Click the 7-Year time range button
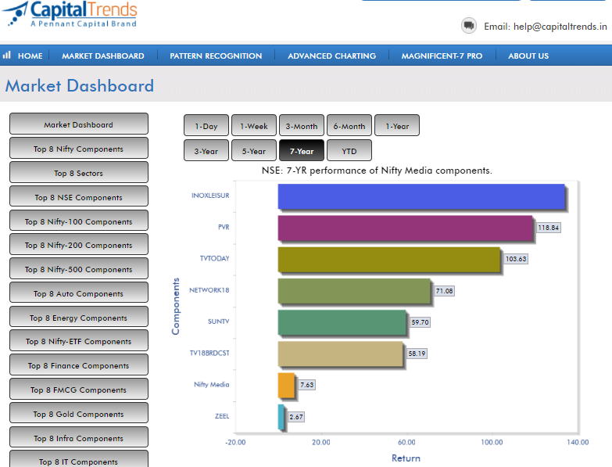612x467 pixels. tap(301, 151)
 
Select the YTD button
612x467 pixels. tap(349, 151)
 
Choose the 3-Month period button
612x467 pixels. tap(301, 126)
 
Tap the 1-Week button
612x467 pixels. tap(253, 126)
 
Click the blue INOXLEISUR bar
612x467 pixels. tap(421, 196)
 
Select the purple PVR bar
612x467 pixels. tap(406, 228)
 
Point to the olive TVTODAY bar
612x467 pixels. tap(389, 259)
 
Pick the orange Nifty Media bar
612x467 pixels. tap(286, 385)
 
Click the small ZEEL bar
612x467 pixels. tap(281, 416)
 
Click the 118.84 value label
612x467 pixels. tap(549, 228)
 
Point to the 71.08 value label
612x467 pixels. tap(445, 291)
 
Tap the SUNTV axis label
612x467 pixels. tap(218, 322)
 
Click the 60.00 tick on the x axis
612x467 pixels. tap(406, 442)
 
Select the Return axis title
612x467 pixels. tap(406, 458)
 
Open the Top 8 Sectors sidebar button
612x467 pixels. tap(78, 173)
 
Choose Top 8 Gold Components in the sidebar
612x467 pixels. tap(78, 414)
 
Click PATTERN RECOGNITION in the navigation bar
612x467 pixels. tap(216, 56)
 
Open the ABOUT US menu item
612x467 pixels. tap(528, 56)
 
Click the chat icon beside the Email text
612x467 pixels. tap(469, 26)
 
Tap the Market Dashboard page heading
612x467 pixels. tap(80, 86)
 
